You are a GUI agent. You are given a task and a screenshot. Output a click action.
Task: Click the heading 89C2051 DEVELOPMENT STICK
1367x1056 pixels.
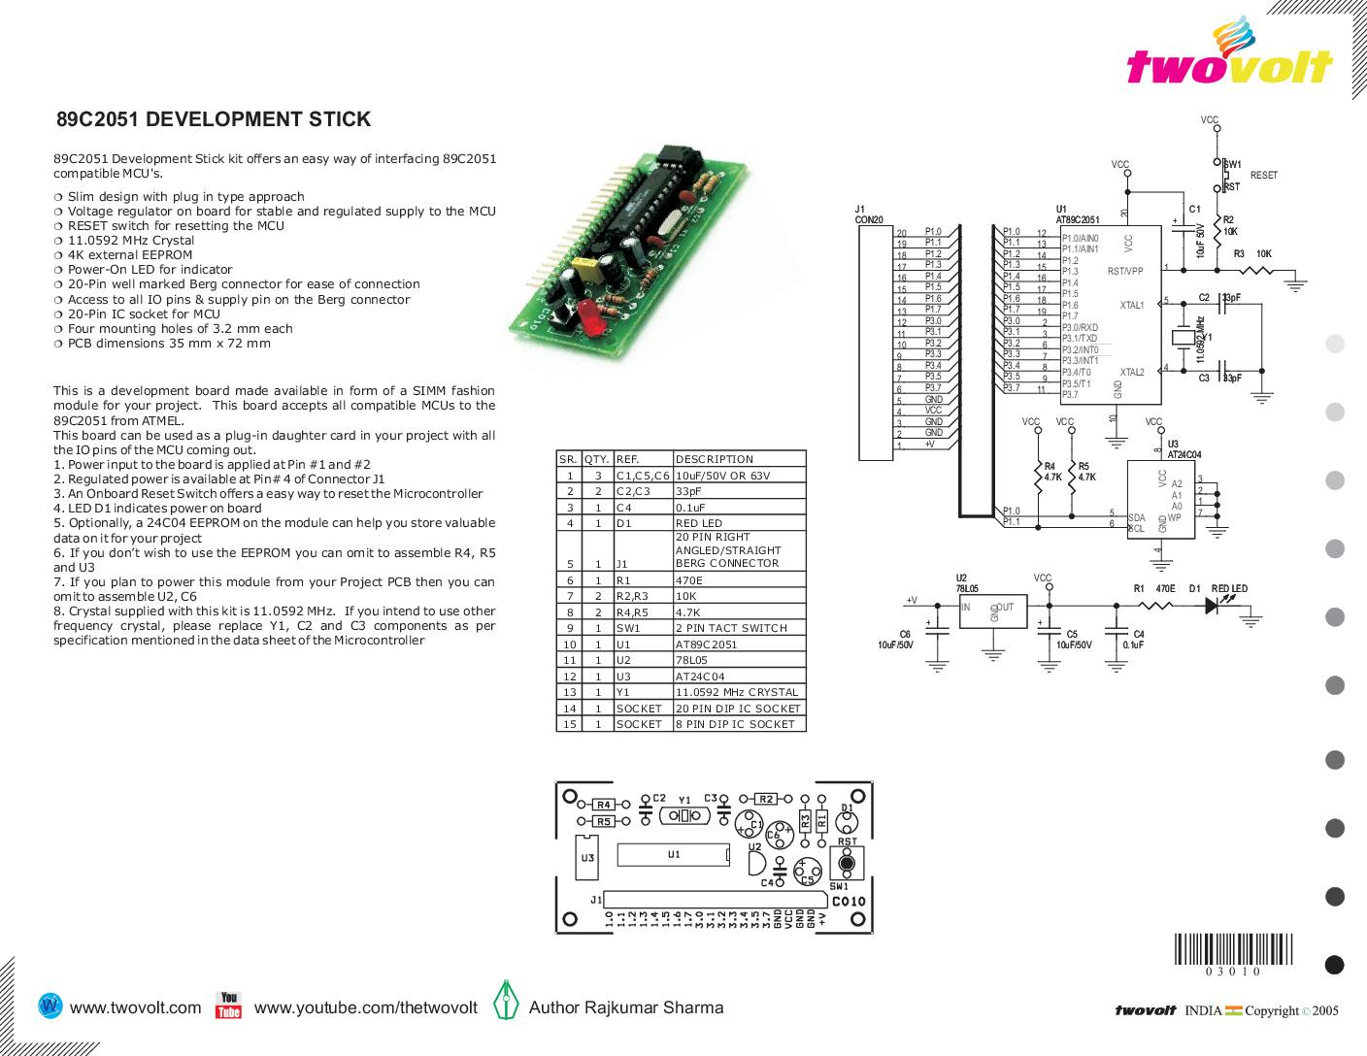click(x=214, y=120)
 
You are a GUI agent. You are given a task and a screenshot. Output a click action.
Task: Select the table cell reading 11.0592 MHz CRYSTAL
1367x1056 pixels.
click(x=737, y=692)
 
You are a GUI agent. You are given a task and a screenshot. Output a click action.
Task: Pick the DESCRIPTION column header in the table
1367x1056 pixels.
click(x=715, y=459)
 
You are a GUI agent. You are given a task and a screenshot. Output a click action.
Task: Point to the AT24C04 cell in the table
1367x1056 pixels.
click(x=700, y=676)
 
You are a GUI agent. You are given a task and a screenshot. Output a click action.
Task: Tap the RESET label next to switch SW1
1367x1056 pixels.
click(x=1264, y=176)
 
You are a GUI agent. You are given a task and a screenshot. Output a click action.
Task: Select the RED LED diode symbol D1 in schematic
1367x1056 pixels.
click(x=1213, y=605)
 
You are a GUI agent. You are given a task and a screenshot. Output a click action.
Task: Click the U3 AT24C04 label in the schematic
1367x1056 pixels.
click(x=1183, y=449)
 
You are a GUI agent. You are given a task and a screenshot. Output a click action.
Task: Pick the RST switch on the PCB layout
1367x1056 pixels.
click(x=846, y=862)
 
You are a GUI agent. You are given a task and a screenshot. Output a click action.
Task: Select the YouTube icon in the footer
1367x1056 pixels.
click(x=228, y=1006)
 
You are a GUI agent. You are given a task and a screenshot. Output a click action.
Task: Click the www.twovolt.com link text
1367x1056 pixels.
click(x=136, y=1007)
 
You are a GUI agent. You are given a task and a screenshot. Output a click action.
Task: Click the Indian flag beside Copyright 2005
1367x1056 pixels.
click(x=1233, y=1011)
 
